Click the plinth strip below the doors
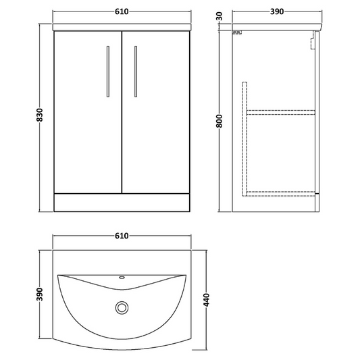(122, 200)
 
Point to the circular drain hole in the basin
(122, 308)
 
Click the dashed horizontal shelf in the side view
(281, 109)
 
